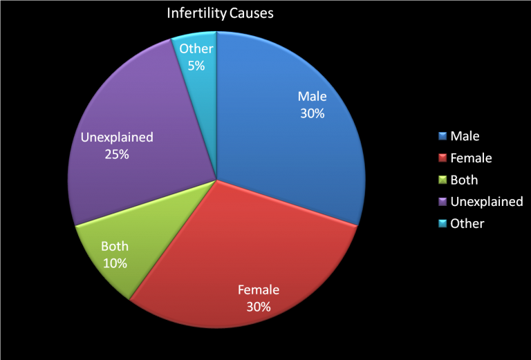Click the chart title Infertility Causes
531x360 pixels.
coord(219,13)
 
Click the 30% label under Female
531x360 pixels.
coord(259,306)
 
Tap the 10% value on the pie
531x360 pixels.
coord(115,263)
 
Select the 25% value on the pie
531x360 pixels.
coord(117,154)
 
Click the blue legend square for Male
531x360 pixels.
coord(441,136)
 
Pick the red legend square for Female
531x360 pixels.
coord(441,158)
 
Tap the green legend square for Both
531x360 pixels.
coord(441,180)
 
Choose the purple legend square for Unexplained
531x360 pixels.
coord(441,202)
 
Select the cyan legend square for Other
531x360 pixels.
coord(441,223)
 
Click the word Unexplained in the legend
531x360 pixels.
coord(487,202)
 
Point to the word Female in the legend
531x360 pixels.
coord(471,158)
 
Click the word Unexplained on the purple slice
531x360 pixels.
coord(117,138)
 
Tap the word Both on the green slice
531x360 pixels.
coord(115,246)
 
